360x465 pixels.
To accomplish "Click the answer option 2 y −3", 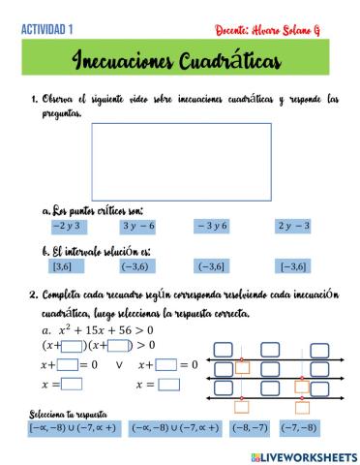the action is (x=293, y=227).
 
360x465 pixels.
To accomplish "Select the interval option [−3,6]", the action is (x=293, y=266).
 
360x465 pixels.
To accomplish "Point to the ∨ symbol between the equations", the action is (x=118, y=365).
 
